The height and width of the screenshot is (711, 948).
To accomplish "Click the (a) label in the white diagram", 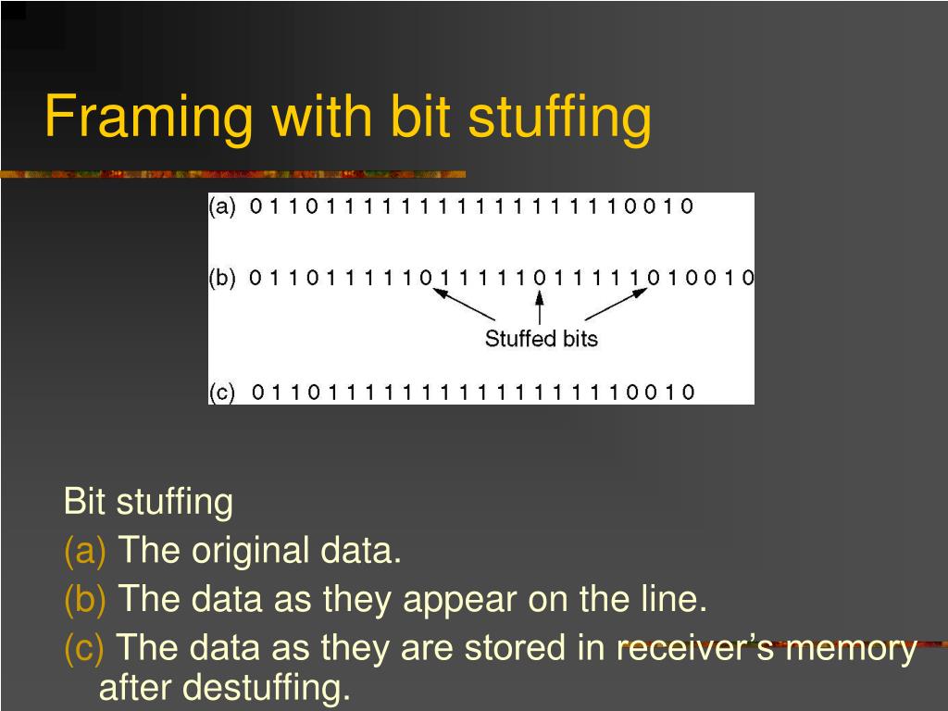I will [222, 206].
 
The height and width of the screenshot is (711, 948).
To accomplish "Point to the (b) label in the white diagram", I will [222, 278].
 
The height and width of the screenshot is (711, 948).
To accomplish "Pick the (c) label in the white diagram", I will [222, 392].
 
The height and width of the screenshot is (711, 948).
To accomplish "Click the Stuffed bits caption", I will [542, 339].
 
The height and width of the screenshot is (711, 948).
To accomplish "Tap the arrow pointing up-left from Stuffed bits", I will [467, 305].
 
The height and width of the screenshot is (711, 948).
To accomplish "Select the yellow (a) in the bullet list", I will [85, 553].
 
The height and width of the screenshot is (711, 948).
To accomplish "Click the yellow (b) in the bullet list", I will [85, 600].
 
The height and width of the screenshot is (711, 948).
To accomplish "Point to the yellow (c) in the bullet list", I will [84, 647].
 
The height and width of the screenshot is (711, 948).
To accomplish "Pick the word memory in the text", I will [857, 648].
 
